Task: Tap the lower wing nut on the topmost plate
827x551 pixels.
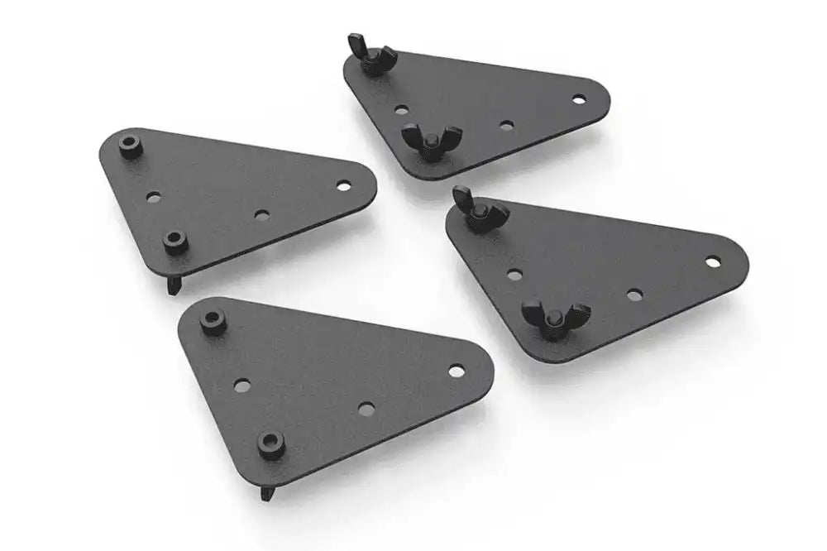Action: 428,142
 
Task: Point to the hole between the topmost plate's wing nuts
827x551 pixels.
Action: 400,108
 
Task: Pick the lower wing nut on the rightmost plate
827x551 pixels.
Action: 553,318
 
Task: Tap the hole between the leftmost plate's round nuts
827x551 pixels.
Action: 153,198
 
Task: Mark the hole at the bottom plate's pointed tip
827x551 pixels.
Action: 456,370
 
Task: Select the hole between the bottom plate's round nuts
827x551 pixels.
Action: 242,385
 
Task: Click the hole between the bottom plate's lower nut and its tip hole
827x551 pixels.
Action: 366,408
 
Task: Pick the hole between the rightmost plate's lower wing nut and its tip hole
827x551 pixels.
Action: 634,295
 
